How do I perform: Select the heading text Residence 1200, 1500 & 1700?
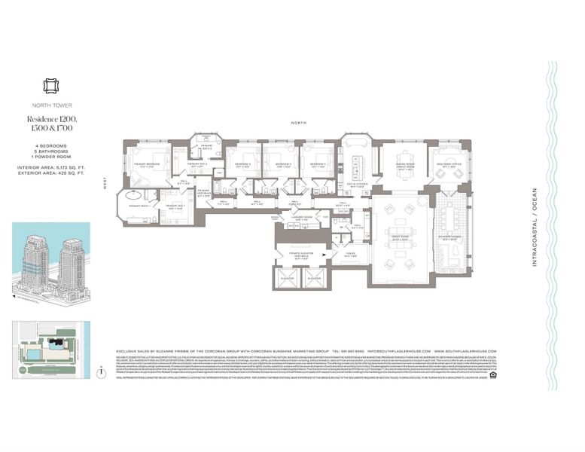tap(53, 124)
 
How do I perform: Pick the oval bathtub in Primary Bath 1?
tap(136, 194)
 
